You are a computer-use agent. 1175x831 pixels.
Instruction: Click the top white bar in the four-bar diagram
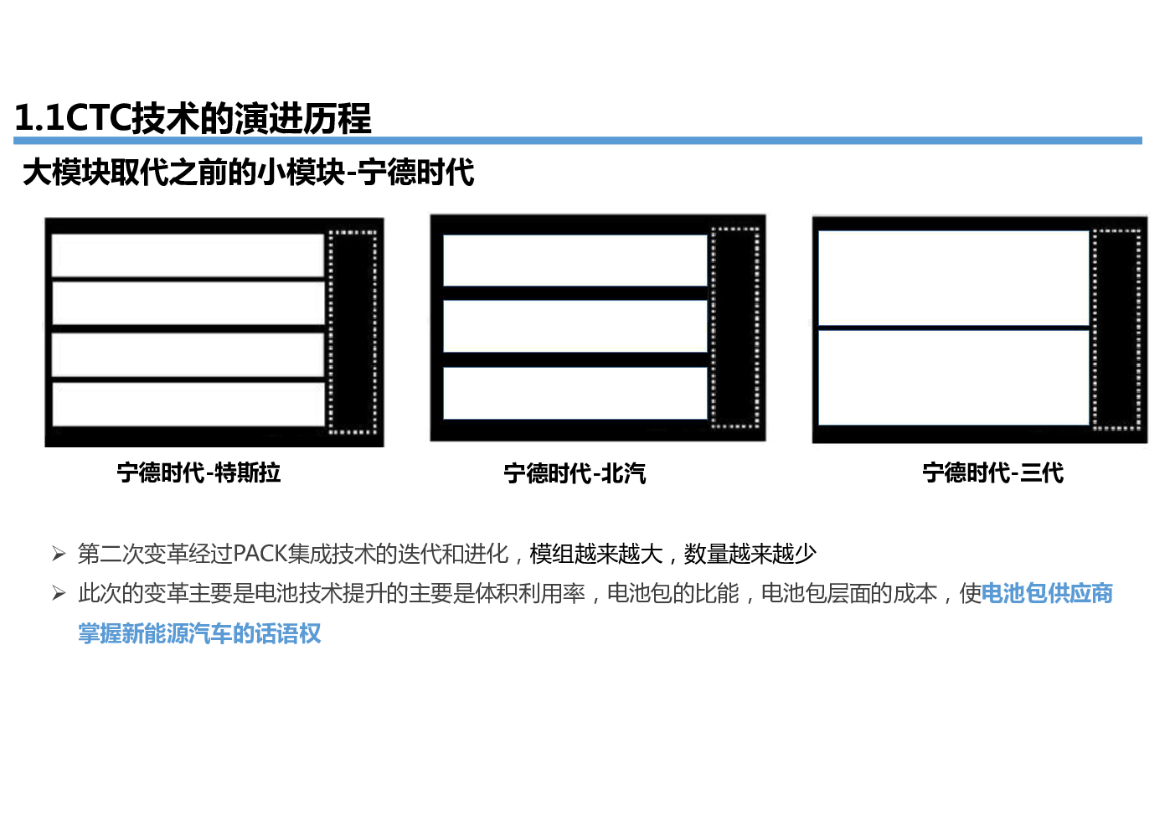coord(188,255)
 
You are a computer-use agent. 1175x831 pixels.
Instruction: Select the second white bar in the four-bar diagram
coord(188,303)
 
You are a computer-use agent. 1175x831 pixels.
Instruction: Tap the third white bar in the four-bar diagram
coord(188,354)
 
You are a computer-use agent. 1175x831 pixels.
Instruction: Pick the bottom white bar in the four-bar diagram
coord(188,404)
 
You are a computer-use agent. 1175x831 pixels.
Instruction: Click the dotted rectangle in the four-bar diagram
coord(353,333)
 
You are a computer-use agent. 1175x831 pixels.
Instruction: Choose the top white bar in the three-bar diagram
coord(575,260)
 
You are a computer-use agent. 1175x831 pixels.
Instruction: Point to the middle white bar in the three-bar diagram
coord(575,326)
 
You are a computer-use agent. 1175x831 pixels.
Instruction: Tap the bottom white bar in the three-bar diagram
coord(575,392)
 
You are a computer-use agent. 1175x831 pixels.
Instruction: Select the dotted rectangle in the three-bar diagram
coord(735,328)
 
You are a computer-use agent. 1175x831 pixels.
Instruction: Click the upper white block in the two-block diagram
coord(953,277)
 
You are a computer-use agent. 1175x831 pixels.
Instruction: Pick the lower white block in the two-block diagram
coord(953,377)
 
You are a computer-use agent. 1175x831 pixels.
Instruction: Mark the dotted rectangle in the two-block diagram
coord(1116,329)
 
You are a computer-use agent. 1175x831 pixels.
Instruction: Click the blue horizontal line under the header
coord(578,141)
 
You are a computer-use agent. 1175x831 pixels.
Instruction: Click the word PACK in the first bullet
coord(260,554)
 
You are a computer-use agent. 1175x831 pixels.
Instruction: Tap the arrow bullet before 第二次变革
coord(59,554)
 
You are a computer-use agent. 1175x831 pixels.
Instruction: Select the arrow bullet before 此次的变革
coord(59,593)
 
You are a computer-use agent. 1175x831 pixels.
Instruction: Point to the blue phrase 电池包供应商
coord(1047,593)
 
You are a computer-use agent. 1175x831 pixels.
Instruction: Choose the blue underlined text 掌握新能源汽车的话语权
coord(199,633)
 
